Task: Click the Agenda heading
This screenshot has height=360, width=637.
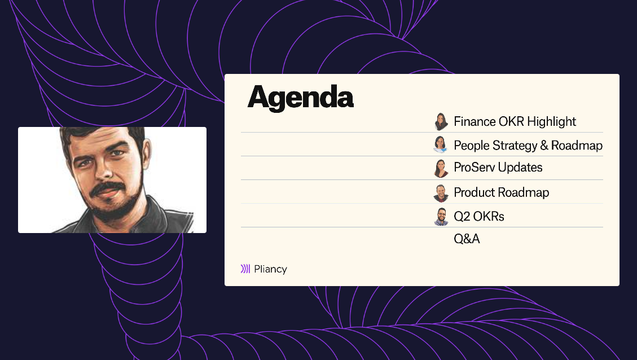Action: (x=300, y=97)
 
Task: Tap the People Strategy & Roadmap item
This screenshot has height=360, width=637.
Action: (x=528, y=146)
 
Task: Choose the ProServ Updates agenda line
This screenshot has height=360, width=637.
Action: (x=498, y=168)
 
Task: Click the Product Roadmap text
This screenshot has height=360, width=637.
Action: (x=501, y=192)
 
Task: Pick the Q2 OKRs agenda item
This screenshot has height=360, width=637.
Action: (x=479, y=217)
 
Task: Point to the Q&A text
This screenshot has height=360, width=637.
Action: (x=467, y=239)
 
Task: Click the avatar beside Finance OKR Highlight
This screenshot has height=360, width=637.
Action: (x=441, y=122)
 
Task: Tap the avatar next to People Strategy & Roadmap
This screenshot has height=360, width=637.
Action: (x=441, y=144)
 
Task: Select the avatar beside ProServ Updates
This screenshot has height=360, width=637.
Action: (x=441, y=168)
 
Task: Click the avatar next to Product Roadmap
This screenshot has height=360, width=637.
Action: (x=441, y=193)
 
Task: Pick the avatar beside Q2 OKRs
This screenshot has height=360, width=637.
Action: (x=441, y=217)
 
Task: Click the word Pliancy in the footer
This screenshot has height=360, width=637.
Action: (x=270, y=269)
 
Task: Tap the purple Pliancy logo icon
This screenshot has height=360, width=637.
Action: (x=245, y=269)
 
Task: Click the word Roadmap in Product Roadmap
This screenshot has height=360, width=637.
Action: (x=525, y=192)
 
